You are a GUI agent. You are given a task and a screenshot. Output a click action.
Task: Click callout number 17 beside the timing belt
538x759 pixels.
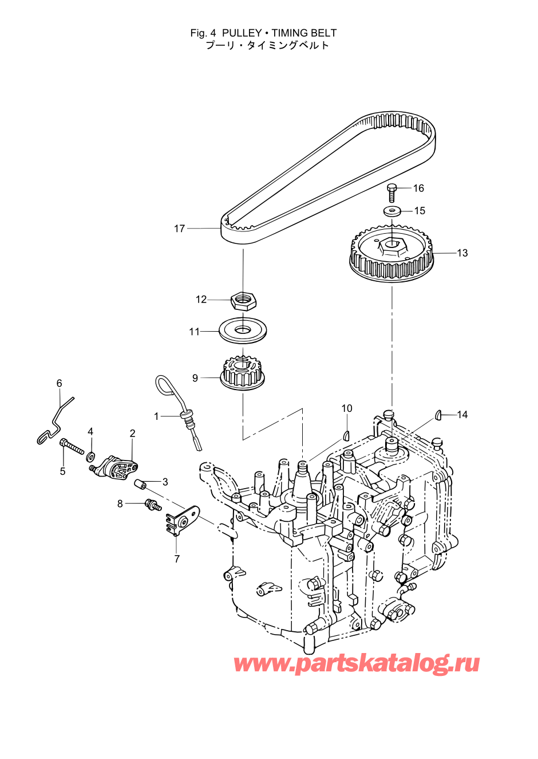[x=180, y=229]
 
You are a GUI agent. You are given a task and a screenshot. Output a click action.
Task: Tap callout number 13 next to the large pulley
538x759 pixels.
[x=462, y=253]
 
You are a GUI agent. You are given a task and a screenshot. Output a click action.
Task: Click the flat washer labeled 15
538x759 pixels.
[x=392, y=211]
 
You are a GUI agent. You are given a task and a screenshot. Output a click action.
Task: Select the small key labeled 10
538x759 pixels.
[x=346, y=435]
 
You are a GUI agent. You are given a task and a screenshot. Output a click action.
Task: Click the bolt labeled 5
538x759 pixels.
[x=72, y=446]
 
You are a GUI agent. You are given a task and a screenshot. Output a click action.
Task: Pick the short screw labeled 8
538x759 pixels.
[x=153, y=505]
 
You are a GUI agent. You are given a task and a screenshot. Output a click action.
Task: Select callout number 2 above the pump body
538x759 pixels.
[x=132, y=433]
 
